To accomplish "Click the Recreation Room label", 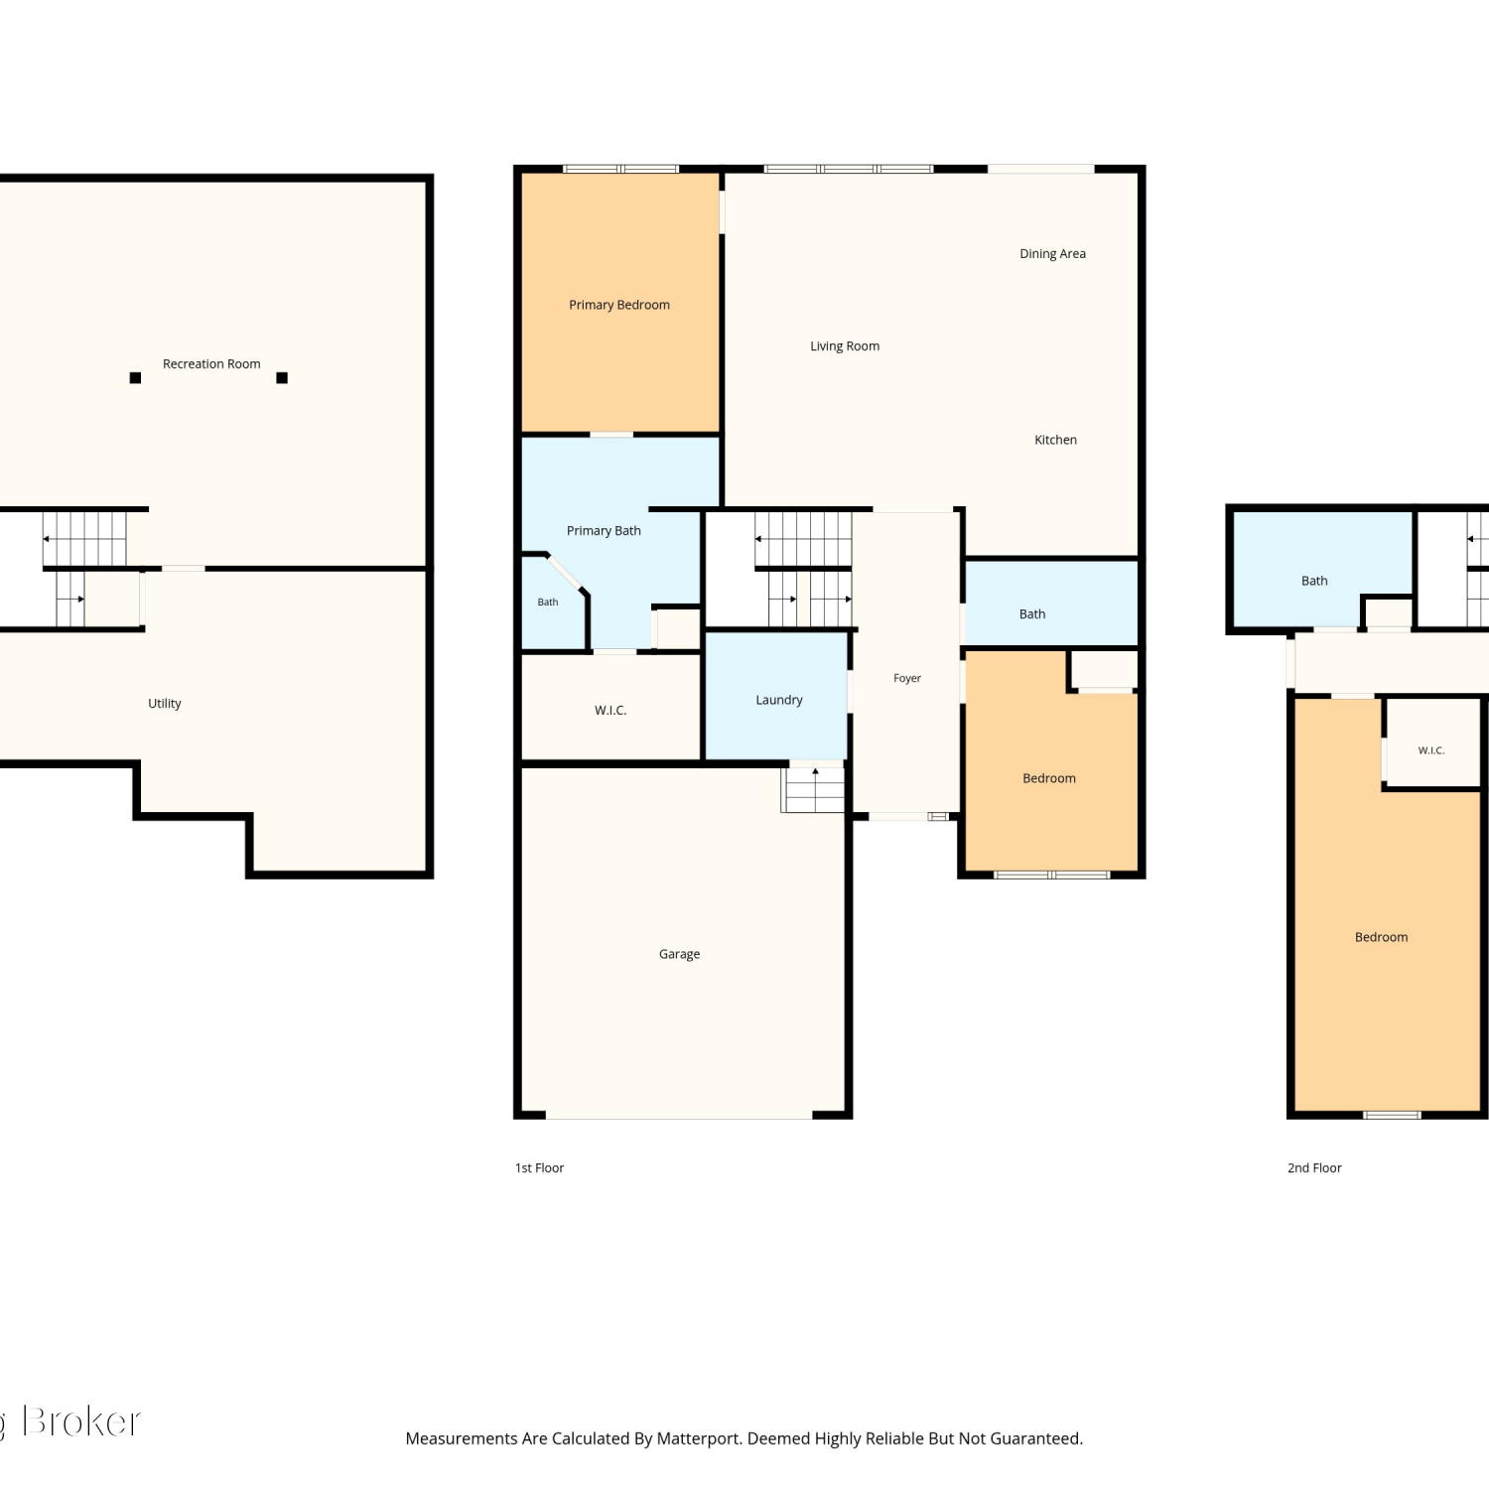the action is click(x=211, y=364).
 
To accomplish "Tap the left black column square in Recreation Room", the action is click(x=135, y=377).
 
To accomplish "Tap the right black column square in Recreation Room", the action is click(x=282, y=377).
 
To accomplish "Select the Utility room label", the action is click(x=165, y=704).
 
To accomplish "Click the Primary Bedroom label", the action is click(x=619, y=305).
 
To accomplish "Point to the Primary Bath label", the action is click(x=604, y=531).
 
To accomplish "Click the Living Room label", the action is click(x=845, y=346).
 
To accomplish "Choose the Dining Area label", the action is click(x=1052, y=254).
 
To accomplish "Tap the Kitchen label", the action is click(x=1055, y=440).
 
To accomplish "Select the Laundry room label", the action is click(x=779, y=700).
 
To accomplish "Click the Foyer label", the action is click(x=907, y=678).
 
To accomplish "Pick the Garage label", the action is click(x=680, y=954).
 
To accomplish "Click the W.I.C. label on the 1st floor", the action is click(x=610, y=711).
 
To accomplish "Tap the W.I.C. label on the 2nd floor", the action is click(x=1431, y=750).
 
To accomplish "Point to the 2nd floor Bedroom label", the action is click(x=1382, y=937).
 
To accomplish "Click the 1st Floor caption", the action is click(x=539, y=1168).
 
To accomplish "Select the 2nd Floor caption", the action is click(x=1314, y=1168).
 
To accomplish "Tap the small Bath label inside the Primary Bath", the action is click(x=548, y=603).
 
